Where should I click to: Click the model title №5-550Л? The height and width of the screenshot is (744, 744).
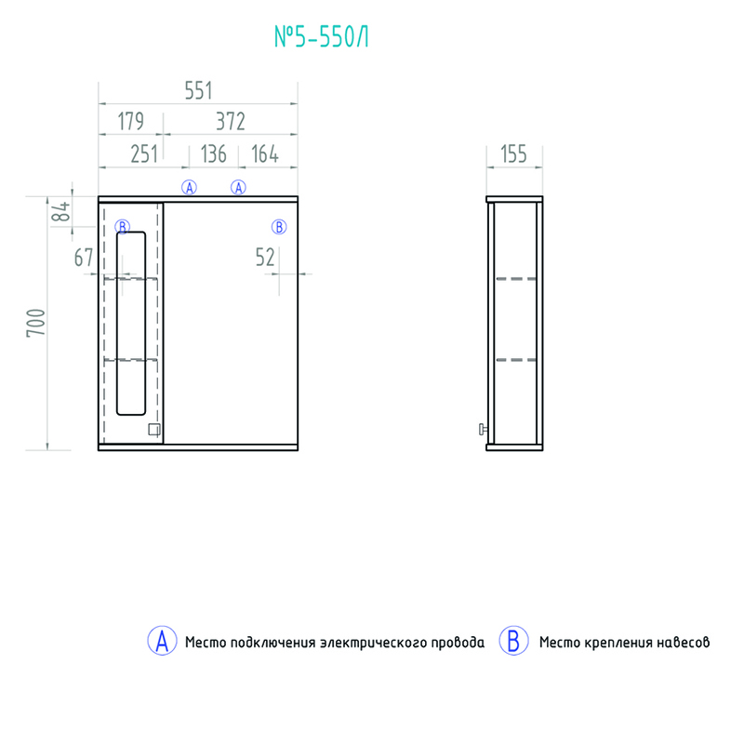321,36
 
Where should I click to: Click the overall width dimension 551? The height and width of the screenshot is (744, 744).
198,90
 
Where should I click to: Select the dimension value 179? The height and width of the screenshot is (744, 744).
130,122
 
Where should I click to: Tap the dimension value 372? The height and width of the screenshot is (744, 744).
231,122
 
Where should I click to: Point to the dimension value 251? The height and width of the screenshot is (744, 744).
144,154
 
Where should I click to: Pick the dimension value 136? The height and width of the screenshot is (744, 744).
214,154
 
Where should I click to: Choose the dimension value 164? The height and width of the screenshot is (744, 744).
265,154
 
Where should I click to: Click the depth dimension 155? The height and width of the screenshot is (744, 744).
514,154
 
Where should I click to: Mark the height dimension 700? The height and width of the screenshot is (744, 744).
36,323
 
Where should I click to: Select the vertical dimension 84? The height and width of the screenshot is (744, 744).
60,211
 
